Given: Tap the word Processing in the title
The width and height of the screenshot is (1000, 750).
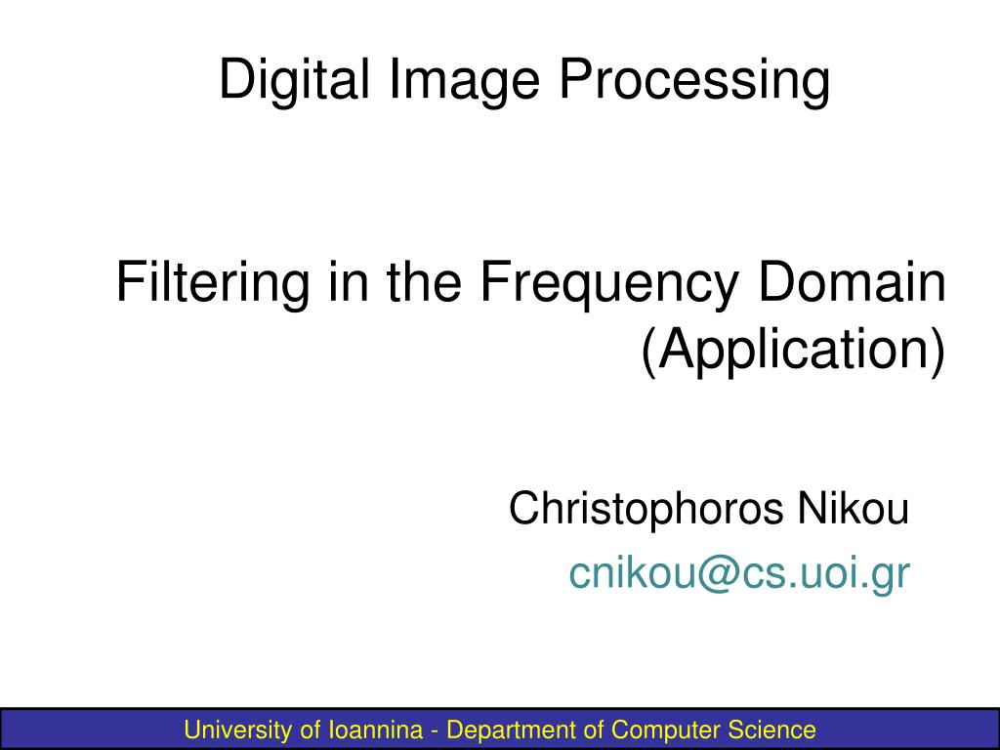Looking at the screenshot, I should click(694, 80).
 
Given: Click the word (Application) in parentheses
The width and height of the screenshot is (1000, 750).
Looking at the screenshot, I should click(793, 351).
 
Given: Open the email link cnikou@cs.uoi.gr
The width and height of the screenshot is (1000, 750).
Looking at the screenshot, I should click(739, 574).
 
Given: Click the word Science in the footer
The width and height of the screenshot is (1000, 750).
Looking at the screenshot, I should click(771, 729).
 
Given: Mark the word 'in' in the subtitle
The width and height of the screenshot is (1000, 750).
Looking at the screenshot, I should click(344, 282).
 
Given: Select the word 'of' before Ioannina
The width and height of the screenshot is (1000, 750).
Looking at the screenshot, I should click(310, 729).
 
